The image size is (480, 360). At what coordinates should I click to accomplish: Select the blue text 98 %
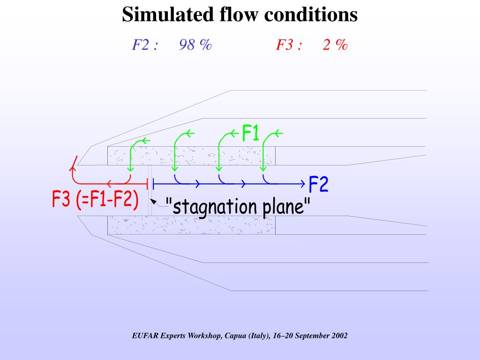pyautogui.click(x=195, y=45)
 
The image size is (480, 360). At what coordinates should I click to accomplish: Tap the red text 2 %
pyautogui.click(x=335, y=45)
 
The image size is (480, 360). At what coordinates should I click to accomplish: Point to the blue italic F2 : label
pyautogui.click(x=144, y=45)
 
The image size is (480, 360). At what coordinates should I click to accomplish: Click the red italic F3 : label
pyautogui.click(x=288, y=45)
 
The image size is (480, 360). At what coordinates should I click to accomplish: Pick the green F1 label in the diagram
pyautogui.click(x=251, y=133)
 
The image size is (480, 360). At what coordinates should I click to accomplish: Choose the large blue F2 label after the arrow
pyautogui.click(x=318, y=185)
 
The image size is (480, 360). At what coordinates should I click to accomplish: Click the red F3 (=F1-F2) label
pyautogui.click(x=95, y=200)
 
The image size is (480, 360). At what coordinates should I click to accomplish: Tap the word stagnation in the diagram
pyautogui.click(x=217, y=207)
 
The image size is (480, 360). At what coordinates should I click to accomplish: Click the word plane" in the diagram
pyautogui.click(x=287, y=207)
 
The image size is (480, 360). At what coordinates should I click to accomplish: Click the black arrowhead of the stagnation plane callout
pyautogui.click(x=152, y=202)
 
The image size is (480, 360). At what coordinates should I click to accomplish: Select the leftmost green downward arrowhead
pyautogui.click(x=130, y=169)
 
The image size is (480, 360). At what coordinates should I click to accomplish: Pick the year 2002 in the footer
pyautogui.click(x=338, y=336)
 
